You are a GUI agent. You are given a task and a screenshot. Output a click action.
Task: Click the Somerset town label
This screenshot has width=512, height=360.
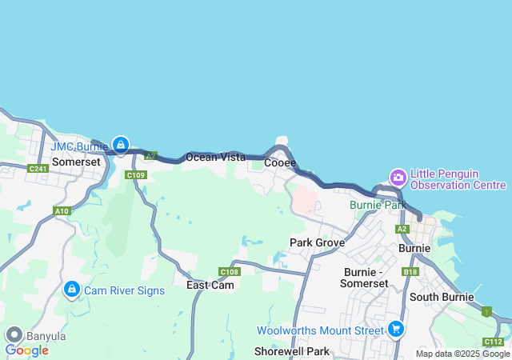76,162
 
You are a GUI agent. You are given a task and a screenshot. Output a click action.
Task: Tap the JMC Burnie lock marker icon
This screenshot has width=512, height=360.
120,145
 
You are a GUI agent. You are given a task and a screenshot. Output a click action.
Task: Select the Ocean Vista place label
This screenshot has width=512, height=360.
215,158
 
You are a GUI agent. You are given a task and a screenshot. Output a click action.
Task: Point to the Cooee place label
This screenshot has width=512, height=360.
280,162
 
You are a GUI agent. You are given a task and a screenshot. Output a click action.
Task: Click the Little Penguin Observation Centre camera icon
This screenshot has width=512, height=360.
398,177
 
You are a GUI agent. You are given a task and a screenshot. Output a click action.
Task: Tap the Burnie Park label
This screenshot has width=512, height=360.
378,205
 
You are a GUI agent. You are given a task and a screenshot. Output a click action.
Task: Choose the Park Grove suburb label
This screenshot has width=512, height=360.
317,242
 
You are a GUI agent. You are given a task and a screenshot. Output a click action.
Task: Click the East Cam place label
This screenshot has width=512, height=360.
210,285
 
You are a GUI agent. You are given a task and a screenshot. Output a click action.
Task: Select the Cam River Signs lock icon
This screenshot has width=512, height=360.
71,288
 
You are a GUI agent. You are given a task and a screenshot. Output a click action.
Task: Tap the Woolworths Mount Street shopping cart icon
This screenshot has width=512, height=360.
395,328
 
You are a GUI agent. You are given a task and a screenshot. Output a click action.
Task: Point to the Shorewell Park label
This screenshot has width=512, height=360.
291,351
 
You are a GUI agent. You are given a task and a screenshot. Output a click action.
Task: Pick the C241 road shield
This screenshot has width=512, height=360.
38,169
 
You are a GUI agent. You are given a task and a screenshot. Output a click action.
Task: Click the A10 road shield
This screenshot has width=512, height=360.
62,211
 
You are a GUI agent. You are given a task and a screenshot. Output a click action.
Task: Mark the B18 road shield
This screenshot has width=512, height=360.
410,272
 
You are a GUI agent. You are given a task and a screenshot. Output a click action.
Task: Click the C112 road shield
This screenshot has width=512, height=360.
494,342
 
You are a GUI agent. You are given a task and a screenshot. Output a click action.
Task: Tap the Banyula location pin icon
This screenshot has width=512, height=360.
13,335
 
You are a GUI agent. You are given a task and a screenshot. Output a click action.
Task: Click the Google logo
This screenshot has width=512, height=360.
26,350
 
